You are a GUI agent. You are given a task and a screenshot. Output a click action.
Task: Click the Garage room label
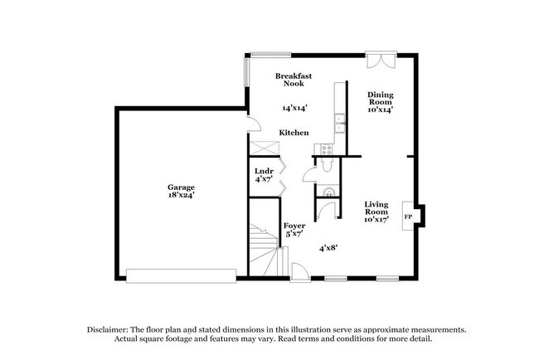click(181, 187)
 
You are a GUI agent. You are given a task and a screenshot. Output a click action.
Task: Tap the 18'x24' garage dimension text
click(181, 195)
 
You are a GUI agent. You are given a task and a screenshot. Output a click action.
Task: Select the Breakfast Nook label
click(294, 79)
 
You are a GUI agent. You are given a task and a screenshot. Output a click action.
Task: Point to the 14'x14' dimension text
click(294, 108)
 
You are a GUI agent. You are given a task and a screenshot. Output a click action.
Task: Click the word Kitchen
click(294, 133)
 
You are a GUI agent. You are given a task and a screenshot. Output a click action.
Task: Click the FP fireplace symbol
click(407, 216)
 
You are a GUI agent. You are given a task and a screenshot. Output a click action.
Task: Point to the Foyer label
click(294, 226)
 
